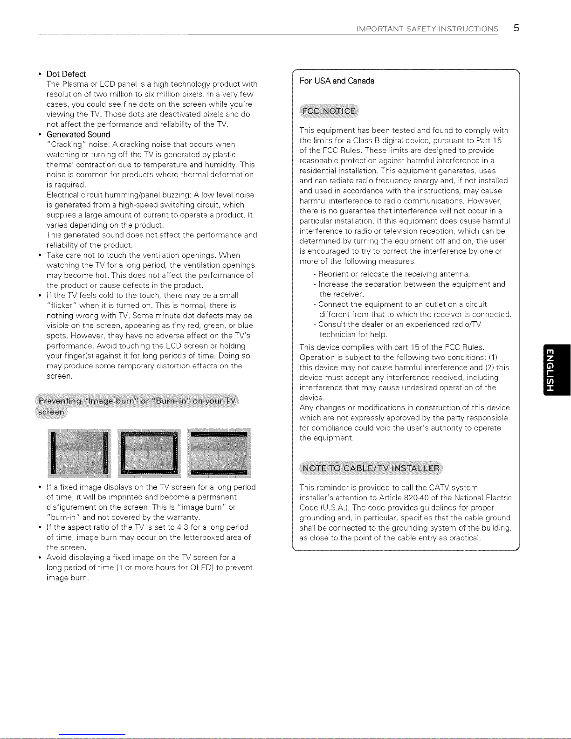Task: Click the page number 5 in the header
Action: click(516, 28)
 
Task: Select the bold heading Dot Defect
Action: click(66, 74)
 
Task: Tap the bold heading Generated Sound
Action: click(78, 135)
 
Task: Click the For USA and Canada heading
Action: click(337, 81)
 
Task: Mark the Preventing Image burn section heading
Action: click(138, 401)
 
